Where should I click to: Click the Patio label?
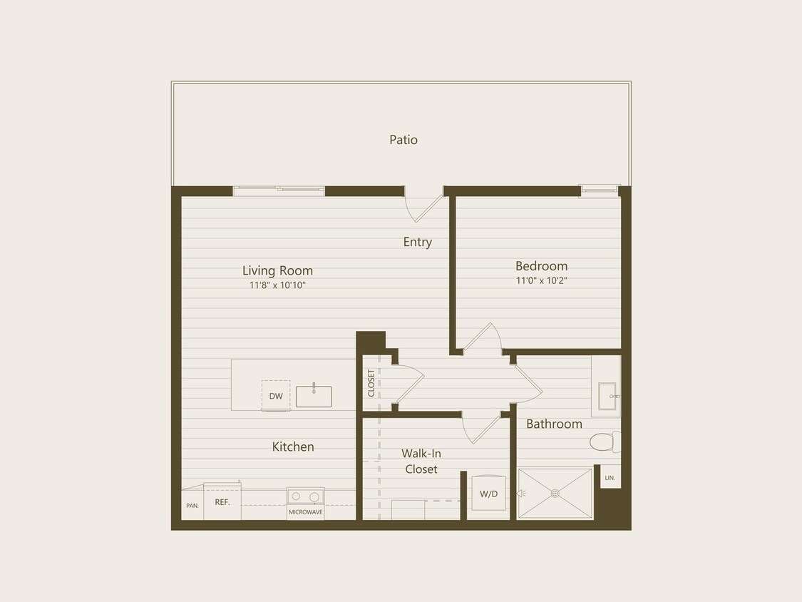coord(403,140)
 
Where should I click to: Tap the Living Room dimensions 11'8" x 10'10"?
coord(277,285)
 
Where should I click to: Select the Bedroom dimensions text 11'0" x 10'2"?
coord(542,281)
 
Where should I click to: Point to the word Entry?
coord(417,242)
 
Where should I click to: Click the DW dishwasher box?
coord(276,396)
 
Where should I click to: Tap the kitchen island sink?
coord(314,396)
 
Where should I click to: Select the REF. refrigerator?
coord(222,502)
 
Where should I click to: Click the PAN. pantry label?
coord(192,506)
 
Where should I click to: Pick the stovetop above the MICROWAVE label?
coord(305,496)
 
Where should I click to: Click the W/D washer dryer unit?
coord(488,494)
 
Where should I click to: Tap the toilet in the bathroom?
coord(605,442)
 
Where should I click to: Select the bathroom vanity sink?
coord(607,397)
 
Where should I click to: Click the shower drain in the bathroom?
coord(555,493)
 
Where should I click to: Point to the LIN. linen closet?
coord(610,477)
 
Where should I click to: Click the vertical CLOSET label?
coord(371,383)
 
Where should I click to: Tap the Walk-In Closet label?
coord(421,461)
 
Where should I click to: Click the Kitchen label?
coord(293,447)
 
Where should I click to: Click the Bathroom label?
coord(554,424)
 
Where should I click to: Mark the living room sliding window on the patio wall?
coord(279,190)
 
